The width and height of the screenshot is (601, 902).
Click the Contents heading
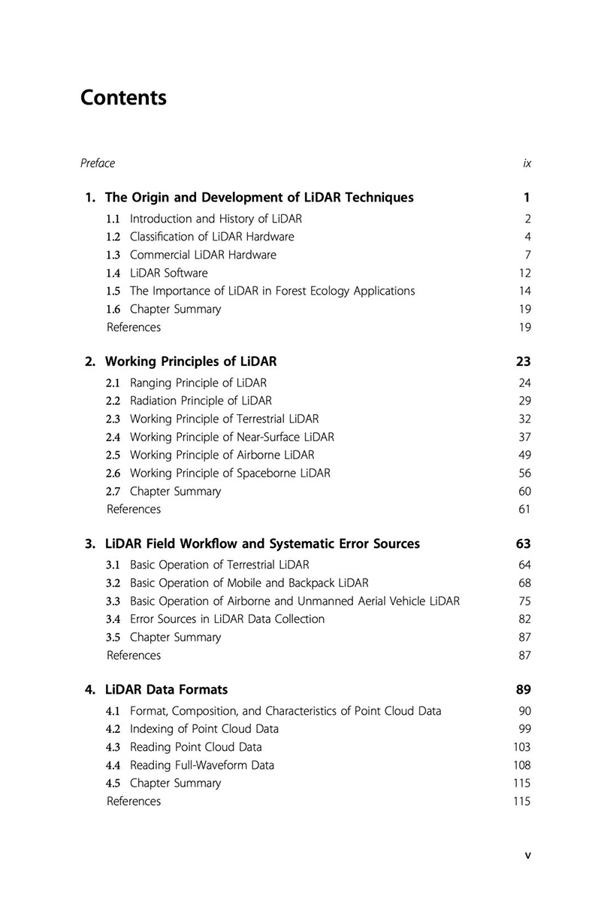pyautogui.click(x=123, y=98)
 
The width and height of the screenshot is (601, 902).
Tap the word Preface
pyautogui.click(x=98, y=163)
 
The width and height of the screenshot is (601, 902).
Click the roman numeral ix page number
pyautogui.click(x=527, y=163)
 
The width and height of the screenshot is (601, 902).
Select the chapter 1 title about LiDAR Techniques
pyautogui.click(x=259, y=198)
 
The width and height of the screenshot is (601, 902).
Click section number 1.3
pyautogui.click(x=113, y=255)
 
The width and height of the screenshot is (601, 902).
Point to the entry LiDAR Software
pyautogui.click(x=168, y=273)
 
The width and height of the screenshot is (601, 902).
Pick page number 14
pyautogui.click(x=525, y=291)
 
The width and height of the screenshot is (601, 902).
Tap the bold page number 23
pyautogui.click(x=524, y=362)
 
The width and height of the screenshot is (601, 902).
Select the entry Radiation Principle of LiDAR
pyautogui.click(x=201, y=401)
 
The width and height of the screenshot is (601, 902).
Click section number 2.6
pyautogui.click(x=113, y=474)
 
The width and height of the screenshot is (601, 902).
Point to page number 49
pyautogui.click(x=525, y=455)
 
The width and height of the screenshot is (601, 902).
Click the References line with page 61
pyautogui.click(x=134, y=510)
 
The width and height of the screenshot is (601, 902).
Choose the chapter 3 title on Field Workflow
pyautogui.click(x=262, y=543)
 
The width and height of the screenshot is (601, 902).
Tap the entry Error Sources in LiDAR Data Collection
pyautogui.click(x=227, y=619)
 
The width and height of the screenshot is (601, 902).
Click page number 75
pyautogui.click(x=525, y=601)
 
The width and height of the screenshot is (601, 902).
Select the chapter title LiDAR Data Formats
pyautogui.click(x=166, y=689)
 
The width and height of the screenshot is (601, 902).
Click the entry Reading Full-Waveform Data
pyautogui.click(x=201, y=765)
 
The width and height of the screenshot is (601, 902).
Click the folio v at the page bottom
pyautogui.click(x=527, y=855)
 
